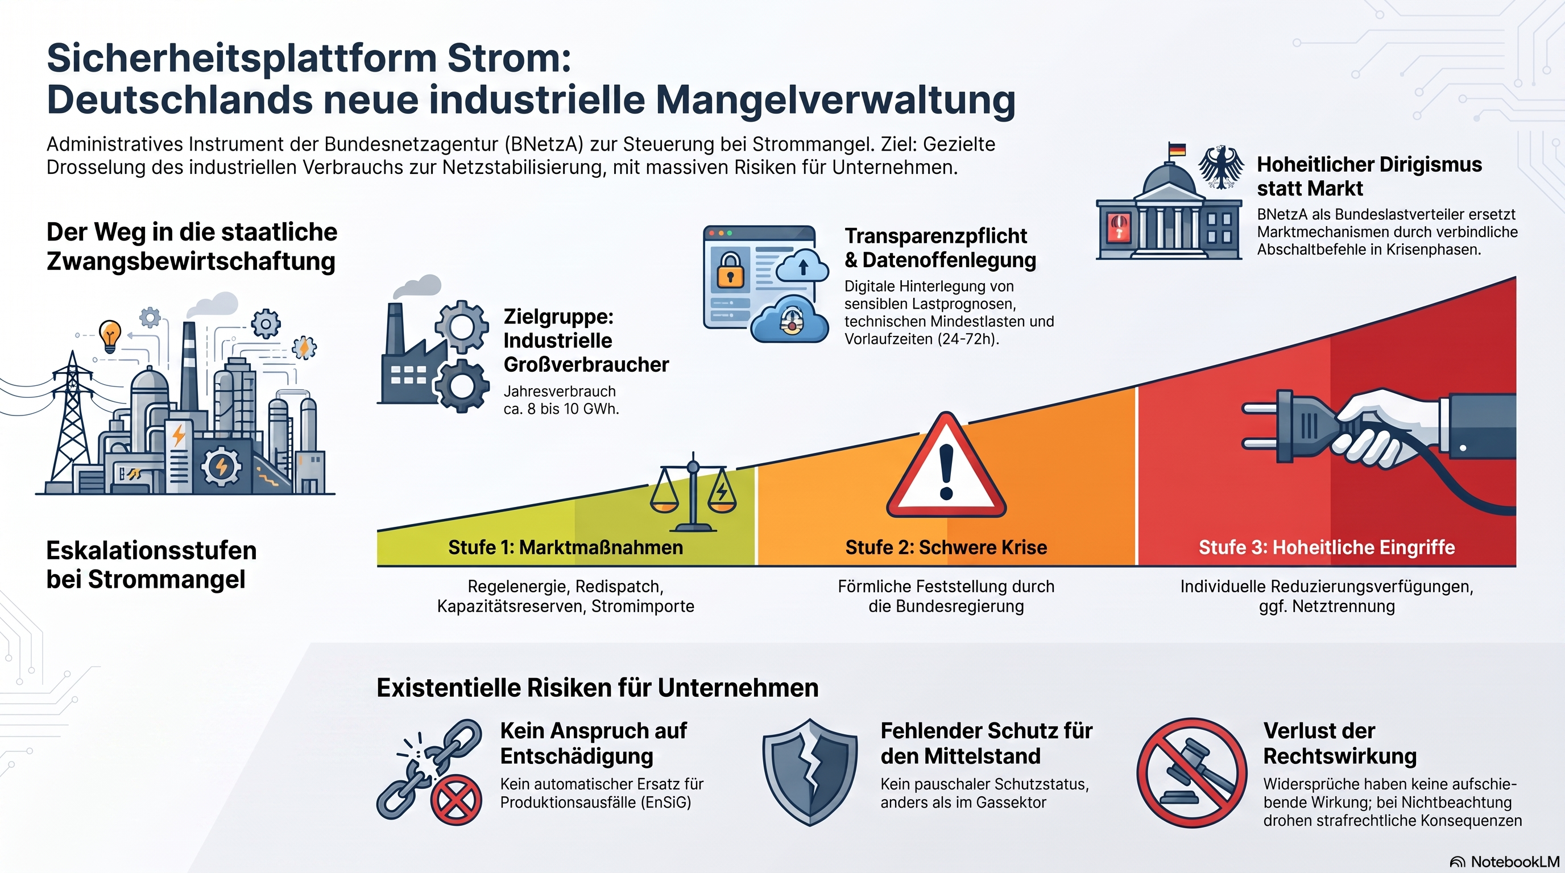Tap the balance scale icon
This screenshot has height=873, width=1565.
(x=693, y=492)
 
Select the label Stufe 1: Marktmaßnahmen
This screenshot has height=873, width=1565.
(x=566, y=547)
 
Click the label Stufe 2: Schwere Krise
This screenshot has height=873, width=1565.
(x=946, y=547)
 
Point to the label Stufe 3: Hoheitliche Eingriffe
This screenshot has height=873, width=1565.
(x=1326, y=547)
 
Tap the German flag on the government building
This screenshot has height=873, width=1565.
(x=1177, y=149)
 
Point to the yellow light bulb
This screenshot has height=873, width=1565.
(x=110, y=335)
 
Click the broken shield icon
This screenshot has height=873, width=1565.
(x=810, y=772)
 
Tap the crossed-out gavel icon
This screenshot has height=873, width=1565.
(x=1191, y=773)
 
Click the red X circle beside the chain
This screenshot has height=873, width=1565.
(x=456, y=800)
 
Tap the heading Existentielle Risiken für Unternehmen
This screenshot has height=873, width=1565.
(x=597, y=688)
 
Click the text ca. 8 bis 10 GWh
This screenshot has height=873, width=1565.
(x=561, y=409)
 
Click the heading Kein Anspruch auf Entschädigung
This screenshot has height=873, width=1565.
(x=594, y=743)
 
